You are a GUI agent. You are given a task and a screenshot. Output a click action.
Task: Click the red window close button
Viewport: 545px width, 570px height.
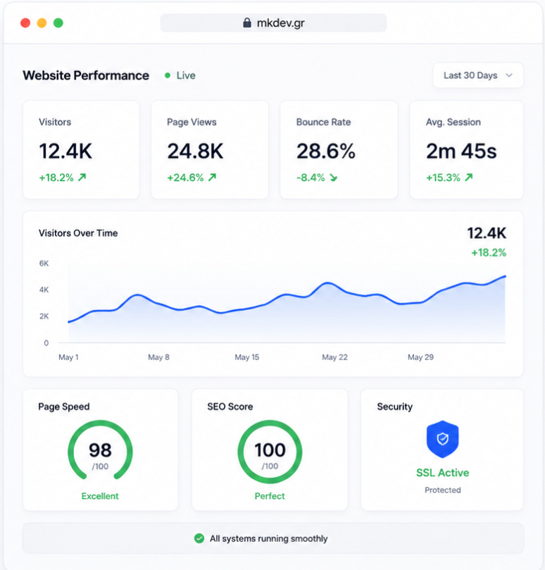(25, 23)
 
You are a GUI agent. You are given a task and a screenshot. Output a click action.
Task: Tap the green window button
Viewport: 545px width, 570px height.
(58, 23)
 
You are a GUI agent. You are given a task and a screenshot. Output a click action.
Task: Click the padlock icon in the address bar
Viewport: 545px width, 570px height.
(247, 23)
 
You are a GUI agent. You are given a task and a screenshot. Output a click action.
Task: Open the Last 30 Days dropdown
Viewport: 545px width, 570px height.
(478, 75)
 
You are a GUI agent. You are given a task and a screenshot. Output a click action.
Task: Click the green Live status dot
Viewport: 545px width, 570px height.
(168, 75)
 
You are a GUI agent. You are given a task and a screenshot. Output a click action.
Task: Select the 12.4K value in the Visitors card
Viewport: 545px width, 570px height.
(65, 151)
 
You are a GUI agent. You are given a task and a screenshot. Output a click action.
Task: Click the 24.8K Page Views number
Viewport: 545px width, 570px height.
(195, 151)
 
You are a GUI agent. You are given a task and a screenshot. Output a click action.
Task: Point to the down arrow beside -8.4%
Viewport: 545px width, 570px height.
(334, 178)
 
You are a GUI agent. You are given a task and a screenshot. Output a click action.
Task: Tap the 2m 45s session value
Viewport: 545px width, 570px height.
(461, 151)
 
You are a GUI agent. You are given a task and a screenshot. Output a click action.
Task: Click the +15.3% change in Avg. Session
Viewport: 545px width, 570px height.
(444, 178)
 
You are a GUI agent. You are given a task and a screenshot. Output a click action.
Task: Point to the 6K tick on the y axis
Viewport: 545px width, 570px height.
(44, 264)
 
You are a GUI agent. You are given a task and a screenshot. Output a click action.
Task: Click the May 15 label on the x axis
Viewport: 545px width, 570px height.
(247, 357)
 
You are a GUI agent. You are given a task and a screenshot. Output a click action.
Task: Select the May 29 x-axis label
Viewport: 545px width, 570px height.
(421, 357)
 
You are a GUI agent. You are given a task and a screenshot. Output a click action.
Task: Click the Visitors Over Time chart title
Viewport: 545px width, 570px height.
(78, 233)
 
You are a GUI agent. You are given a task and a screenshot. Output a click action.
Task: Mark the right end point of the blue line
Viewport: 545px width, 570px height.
(505, 276)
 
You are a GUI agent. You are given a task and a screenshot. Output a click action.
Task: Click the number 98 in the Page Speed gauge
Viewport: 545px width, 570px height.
(100, 450)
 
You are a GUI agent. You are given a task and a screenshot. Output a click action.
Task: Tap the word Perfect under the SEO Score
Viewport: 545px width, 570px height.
(270, 496)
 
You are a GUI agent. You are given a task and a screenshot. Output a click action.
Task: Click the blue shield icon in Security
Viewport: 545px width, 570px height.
(442, 439)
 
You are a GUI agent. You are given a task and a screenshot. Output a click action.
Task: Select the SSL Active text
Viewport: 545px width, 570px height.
(442, 473)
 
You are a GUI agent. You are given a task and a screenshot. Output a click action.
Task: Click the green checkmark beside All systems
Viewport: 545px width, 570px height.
(199, 538)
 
